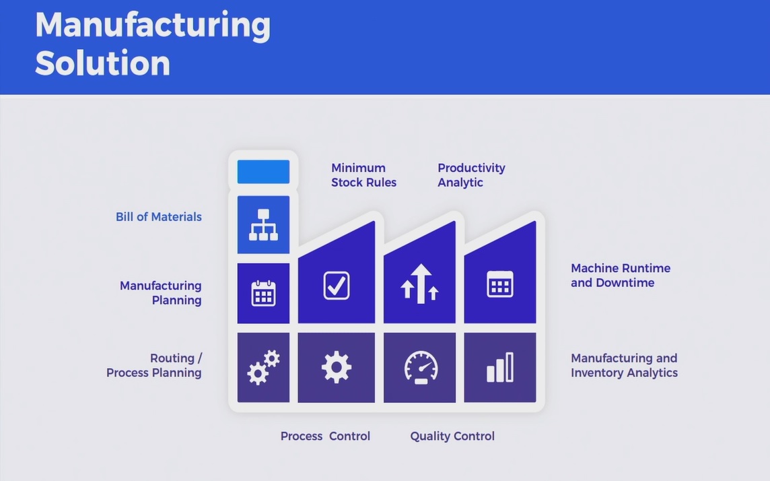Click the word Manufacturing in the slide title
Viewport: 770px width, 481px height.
coord(153,25)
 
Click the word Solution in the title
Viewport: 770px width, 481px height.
coord(102,63)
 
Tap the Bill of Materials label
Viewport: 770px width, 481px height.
coord(159,217)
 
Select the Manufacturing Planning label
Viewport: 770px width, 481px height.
coord(161,293)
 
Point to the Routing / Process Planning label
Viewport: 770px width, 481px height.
coord(154,365)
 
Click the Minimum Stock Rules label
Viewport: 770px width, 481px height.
coord(363,175)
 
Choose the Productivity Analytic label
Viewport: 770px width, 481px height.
coord(471,175)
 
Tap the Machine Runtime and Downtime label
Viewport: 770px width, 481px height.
coord(620,275)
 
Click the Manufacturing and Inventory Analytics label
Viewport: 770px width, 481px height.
coord(624,365)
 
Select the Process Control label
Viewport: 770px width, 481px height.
coord(325,436)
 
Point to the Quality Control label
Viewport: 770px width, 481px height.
coord(452,436)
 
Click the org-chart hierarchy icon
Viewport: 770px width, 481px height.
coord(263,225)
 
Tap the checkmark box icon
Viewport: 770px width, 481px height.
coord(337,286)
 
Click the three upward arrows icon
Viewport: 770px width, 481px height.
coord(420,284)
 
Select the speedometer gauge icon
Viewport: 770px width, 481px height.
coord(421,368)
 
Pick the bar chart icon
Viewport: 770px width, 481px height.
coord(500,367)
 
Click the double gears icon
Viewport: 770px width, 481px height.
coord(263,368)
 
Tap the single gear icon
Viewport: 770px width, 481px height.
coord(337,367)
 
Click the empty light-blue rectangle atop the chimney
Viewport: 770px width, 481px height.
coord(263,172)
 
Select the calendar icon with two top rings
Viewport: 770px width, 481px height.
coord(263,293)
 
